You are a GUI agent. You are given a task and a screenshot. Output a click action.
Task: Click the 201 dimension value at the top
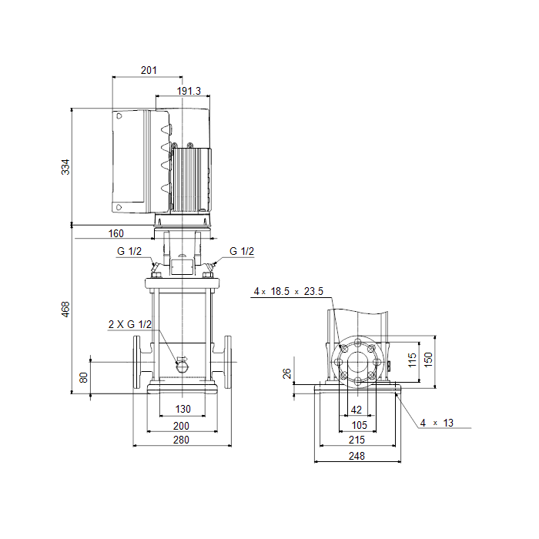click(149, 70)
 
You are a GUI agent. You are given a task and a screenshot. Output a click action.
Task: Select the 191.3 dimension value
click(189, 91)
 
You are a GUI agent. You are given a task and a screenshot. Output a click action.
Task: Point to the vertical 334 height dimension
click(65, 167)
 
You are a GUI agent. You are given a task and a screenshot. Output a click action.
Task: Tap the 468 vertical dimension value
click(65, 309)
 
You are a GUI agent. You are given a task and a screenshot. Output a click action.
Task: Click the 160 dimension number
click(115, 233)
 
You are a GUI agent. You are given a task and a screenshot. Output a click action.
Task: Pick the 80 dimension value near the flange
click(83, 377)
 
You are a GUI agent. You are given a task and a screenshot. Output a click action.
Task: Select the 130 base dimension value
click(183, 409)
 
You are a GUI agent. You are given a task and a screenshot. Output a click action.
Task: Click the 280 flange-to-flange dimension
click(181, 440)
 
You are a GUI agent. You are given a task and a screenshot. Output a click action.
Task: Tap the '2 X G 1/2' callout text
click(130, 324)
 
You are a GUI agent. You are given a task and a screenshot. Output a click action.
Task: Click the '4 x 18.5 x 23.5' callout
click(289, 291)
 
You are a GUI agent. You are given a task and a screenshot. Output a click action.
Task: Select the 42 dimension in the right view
click(357, 410)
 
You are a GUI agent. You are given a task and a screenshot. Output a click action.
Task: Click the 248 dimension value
click(357, 456)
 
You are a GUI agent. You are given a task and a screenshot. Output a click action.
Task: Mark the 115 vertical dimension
click(412, 360)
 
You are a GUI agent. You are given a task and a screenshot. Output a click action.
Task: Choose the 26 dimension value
click(286, 373)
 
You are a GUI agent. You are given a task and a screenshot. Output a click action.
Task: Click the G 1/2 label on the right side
click(242, 251)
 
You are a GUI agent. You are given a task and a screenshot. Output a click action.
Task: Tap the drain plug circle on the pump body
click(182, 367)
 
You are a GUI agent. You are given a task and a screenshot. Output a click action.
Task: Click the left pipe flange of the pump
click(137, 362)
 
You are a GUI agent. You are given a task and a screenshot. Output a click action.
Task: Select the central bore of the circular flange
click(358, 362)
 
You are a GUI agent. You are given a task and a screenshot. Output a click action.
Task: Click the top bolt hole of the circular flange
click(358, 343)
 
